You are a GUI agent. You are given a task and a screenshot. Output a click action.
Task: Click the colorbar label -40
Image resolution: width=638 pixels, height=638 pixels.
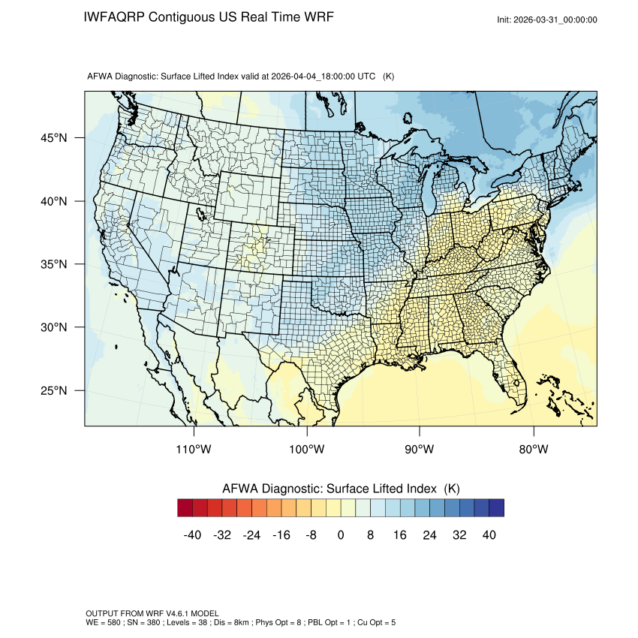coord(194,534)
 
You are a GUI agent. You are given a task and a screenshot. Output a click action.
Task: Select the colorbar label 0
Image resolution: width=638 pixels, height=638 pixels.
coord(341,534)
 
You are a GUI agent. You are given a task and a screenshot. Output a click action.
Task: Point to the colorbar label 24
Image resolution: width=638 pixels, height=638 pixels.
coord(430,534)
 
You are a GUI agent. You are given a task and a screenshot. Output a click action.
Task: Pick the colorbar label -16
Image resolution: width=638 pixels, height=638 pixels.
coord(281,534)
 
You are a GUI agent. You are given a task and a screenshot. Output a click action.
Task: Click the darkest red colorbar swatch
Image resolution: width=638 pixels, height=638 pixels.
coord(185,508)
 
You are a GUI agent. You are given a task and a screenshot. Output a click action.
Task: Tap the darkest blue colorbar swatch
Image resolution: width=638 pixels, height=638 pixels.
coord(496,508)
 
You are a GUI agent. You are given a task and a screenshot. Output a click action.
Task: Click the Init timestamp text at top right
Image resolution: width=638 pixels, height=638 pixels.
coord(547,20)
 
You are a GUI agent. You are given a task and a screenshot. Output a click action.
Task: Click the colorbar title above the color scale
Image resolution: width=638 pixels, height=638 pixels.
coord(341,489)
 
